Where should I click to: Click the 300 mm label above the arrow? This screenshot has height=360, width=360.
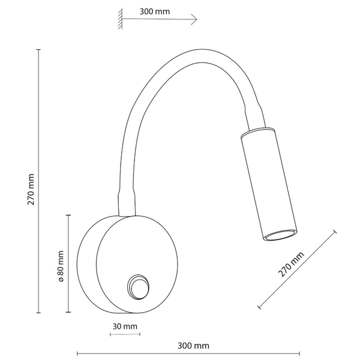[155, 11]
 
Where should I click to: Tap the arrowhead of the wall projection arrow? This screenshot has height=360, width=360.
[194, 19]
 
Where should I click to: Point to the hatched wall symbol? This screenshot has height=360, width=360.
[120, 19]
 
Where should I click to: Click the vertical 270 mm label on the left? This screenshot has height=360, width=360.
[31, 190]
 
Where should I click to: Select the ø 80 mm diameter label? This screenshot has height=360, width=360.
[61, 266]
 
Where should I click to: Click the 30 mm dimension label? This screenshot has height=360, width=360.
[125, 326]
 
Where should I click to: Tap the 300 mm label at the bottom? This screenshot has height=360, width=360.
[193, 346]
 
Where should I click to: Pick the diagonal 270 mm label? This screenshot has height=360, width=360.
[291, 264]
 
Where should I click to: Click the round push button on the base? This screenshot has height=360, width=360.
[138, 287]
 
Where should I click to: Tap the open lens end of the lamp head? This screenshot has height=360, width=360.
[281, 235]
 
